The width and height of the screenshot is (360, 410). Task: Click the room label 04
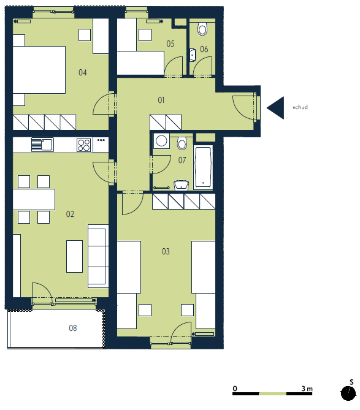(83, 72)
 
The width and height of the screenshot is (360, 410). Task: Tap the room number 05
(170, 44)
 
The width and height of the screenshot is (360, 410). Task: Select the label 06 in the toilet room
(204, 49)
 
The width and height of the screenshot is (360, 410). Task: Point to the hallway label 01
(161, 100)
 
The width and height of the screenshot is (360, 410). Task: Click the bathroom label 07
(182, 160)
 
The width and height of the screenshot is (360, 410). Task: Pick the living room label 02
(70, 214)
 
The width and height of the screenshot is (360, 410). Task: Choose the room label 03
(166, 251)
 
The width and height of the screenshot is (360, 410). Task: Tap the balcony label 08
(73, 328)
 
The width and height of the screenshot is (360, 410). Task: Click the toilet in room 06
(202, 29)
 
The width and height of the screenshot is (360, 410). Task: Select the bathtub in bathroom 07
(203, 167)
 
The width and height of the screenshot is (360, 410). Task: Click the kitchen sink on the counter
(42, 145)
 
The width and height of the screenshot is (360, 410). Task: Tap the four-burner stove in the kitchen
(84, 145)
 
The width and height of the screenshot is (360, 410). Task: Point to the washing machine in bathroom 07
(161, 141)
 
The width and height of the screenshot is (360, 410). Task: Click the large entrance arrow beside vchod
(275, 108)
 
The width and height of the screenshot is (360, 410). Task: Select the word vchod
(300, 107)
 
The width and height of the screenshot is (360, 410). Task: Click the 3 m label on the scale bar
(307, 389)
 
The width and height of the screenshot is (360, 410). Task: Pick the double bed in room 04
(39, 70)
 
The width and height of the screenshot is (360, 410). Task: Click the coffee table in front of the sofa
(75, 257)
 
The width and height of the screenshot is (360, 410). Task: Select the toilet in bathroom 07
(182, 143)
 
